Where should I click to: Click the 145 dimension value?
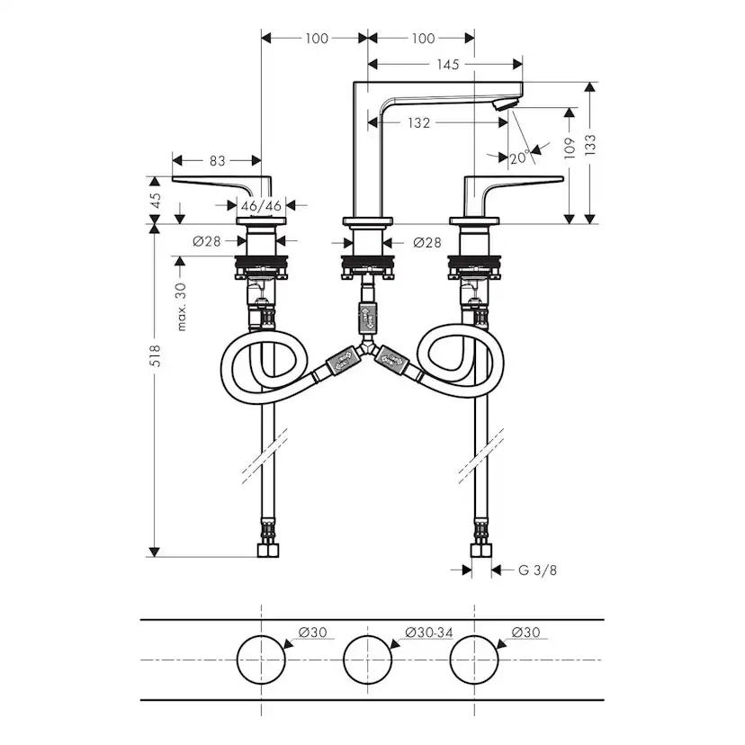[x=447, y=64]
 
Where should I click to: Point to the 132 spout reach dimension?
[x=417, y=122]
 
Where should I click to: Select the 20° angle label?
[x=517, y=157]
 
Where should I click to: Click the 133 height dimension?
[x=591, y=144]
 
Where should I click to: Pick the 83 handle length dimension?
[x=217, y=160]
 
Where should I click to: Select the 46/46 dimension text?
[x=262, y=205]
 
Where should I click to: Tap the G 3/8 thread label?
[x=532, y=570]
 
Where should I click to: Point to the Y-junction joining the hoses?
[x=368, y=347]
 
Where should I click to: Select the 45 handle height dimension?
[x=156, y=200]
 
